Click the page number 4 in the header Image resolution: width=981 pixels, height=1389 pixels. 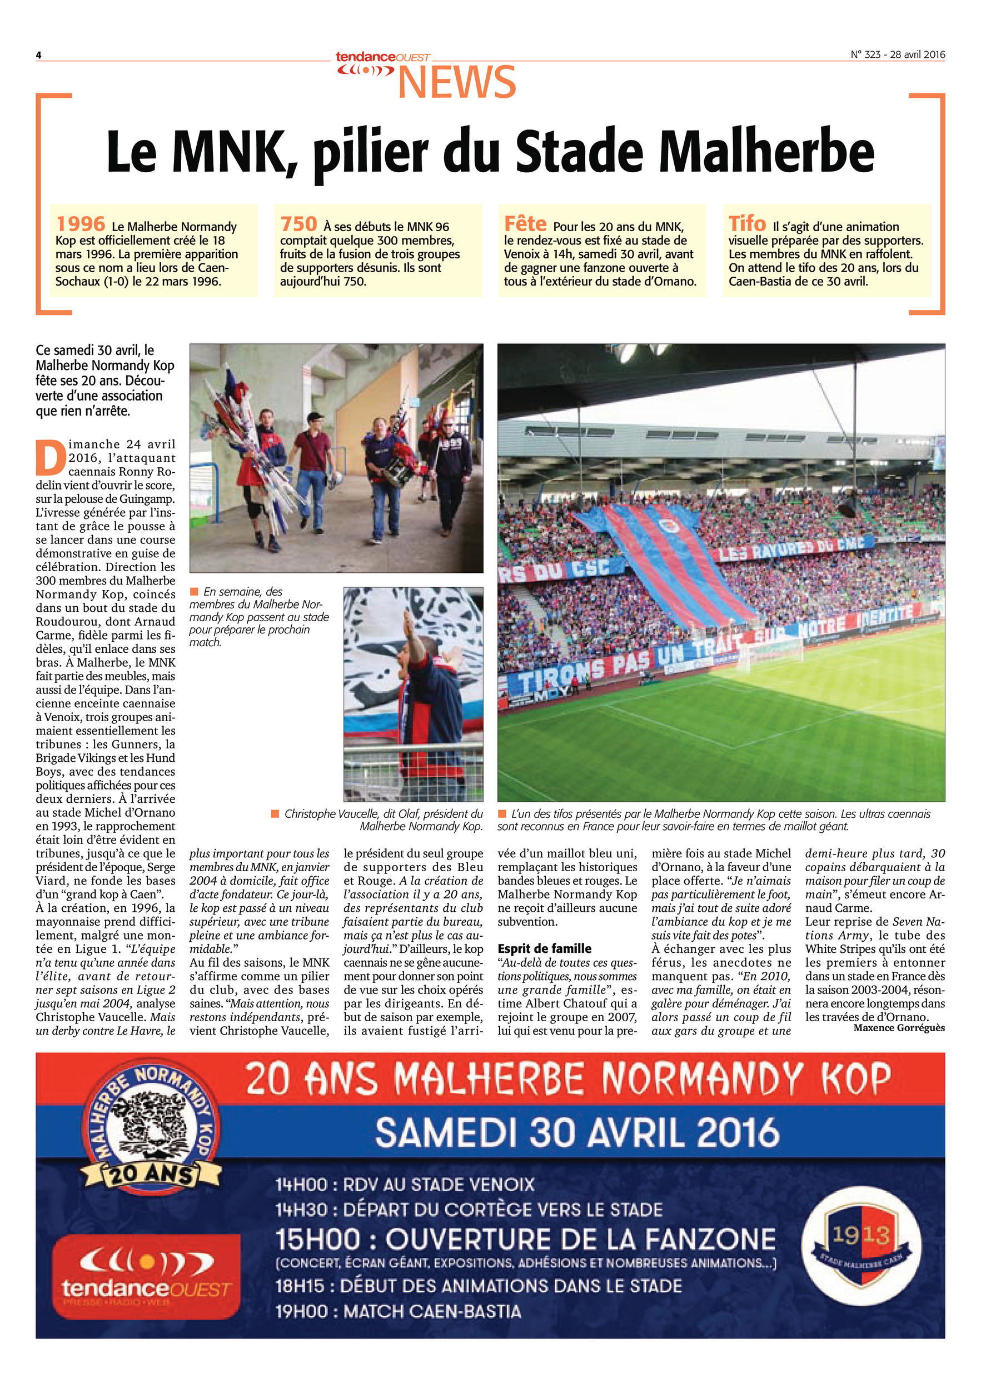click(38, 55)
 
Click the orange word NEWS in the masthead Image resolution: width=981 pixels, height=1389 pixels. click(457, 83)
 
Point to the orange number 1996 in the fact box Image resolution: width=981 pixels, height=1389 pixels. click(81, 224)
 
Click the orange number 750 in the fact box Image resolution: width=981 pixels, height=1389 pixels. click(298, 224)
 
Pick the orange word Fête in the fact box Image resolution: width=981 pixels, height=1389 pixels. click(525, 224)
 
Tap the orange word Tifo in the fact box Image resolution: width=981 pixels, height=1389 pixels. click(748, 224)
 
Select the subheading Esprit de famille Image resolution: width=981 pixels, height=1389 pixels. click(545, 948)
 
